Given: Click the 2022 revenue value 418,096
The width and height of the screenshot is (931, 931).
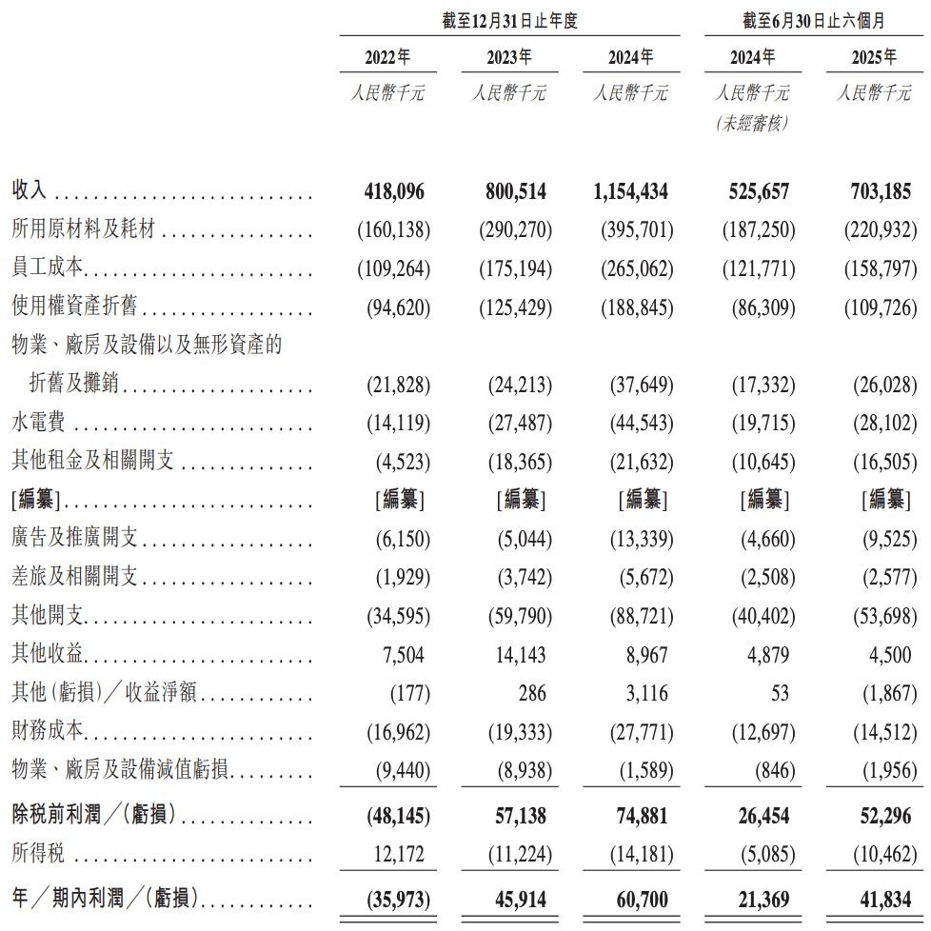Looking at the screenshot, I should (x=394, y=191).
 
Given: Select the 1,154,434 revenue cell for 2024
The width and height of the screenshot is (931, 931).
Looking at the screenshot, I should (x=630, y=191).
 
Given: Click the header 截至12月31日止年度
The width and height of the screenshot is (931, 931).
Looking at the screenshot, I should (x=510, y=20).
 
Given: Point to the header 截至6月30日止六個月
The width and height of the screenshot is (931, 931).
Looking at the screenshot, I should (x=814, y=20).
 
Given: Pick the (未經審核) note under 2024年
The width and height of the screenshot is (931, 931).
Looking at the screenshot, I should (x=752, y=125).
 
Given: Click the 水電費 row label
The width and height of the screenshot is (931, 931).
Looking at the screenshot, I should (x=38, y=424).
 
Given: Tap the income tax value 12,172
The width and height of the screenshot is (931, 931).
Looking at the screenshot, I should (x=400, y=854).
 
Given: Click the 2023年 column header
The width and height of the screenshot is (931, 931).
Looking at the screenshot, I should (x=509, y=58).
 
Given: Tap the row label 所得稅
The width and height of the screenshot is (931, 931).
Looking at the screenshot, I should (x=38, y=854).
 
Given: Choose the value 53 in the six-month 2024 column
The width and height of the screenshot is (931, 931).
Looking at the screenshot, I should (x=780, y=693).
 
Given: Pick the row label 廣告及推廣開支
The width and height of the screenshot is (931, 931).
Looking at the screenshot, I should (x=75, y=539).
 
